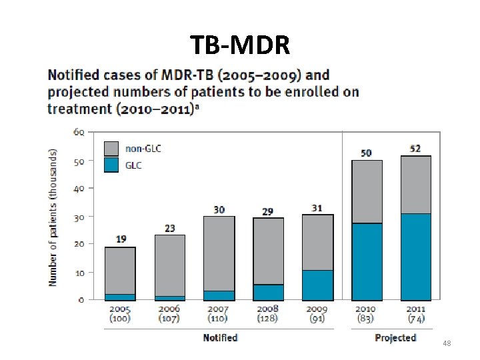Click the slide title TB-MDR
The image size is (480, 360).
(239, 45)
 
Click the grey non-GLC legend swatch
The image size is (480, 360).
(112, 148)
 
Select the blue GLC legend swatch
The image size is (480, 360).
(112, 165)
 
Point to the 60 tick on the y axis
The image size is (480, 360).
(79, 132)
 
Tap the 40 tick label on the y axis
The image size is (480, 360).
(79, 189)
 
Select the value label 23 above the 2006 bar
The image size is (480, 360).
(169, 228)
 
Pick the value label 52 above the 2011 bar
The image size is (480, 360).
(415, 148)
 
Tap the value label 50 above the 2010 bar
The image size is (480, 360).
(366, 153)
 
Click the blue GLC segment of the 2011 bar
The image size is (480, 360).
(415, 257)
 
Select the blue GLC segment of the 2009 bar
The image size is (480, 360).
(317, 285)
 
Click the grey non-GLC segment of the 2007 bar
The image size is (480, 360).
(219, 253)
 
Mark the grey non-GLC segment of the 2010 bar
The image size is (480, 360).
(367, 191)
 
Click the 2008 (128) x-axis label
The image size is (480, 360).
(268, 313)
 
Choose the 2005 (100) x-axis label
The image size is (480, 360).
(120, 313)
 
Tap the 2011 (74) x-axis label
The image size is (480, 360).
(415, 313)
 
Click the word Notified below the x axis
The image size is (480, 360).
(220, 338)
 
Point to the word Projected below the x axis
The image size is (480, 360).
(395, 338)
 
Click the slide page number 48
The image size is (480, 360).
(447, 343)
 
